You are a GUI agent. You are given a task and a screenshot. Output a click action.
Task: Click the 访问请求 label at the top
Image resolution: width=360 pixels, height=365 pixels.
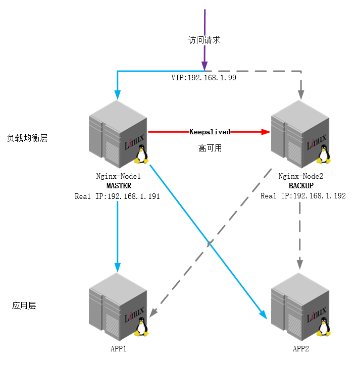tap(204, 40)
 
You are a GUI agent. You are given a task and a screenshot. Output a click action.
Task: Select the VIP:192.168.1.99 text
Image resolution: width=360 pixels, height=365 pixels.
tap(204, 78)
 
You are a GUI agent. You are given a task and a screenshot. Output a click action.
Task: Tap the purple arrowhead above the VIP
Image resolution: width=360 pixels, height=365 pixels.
tap(204, 66)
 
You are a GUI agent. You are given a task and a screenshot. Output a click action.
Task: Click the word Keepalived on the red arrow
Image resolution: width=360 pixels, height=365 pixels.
tap(210, 132)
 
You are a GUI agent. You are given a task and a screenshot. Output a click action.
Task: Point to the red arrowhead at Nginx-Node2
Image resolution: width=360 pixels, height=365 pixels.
tap(266, 132)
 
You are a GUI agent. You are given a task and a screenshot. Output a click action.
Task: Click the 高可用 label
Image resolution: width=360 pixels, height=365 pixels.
tap(210, 148)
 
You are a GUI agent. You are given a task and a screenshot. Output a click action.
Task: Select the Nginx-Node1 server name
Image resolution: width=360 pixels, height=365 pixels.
tap(119, 176)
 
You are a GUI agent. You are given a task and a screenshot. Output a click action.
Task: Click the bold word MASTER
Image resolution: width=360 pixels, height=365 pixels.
tap(119, 186)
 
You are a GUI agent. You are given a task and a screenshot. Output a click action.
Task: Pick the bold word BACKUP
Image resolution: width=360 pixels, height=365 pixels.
tap(301, 186)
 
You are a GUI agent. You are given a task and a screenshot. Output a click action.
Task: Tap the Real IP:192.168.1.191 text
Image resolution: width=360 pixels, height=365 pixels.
tap(117, 196)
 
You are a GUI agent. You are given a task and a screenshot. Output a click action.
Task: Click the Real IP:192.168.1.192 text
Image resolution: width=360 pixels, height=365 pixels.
tap(303, 196)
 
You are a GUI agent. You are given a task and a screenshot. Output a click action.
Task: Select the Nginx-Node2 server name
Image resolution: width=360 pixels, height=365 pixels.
tap(301, 176)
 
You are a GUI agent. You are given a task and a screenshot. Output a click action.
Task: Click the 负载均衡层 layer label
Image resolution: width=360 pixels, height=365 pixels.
tap(27, 138)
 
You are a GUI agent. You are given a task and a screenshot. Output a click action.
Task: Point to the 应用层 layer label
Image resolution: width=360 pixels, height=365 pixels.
tap(24, 305)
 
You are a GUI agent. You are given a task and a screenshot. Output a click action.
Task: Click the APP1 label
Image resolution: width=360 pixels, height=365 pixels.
tap(118, 349)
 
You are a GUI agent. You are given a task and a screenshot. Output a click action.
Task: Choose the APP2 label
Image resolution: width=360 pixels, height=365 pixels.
tap(300, 349)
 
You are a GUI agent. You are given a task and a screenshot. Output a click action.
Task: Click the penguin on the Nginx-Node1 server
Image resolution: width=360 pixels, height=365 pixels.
tap(141, 154)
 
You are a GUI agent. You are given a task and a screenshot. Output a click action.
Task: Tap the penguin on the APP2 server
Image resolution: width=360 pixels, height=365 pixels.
tap(324, 327)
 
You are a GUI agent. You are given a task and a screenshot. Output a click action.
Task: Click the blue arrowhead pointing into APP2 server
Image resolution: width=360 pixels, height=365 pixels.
tap(264, 315)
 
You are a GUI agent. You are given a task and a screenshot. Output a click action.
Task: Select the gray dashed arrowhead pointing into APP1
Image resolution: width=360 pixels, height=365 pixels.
tap(153, 313)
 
